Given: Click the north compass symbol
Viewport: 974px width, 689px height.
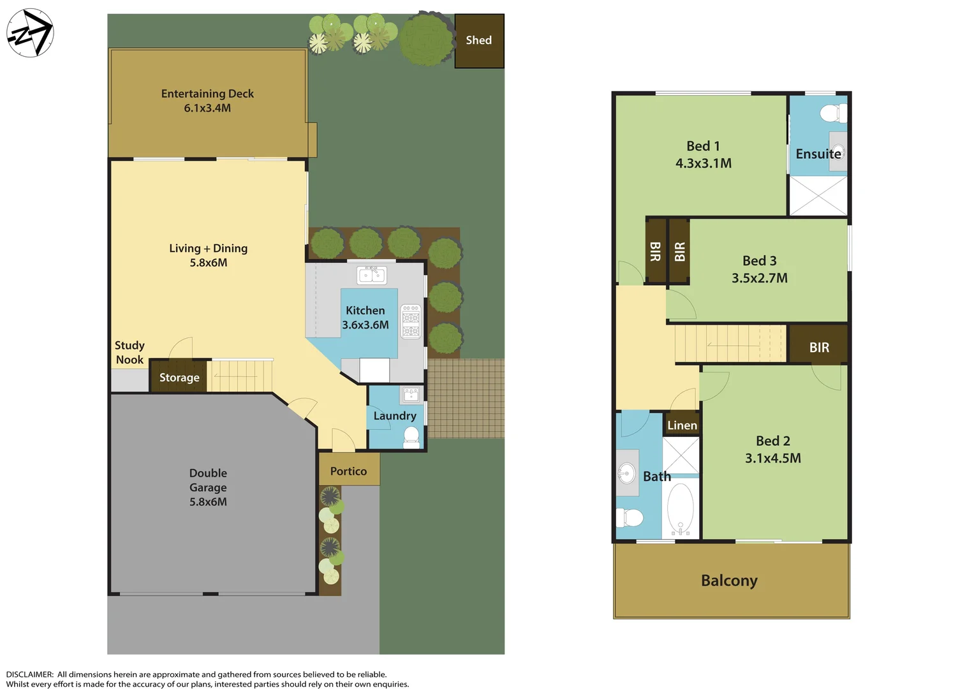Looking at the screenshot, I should pos(30,33).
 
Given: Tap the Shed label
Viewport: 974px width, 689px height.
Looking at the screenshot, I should pos(478,40).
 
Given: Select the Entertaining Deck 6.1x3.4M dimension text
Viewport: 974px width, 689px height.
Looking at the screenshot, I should pos(207,108).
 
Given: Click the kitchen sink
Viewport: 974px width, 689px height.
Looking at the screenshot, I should pos(371,275).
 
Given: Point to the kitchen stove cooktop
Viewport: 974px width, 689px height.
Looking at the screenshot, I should pos(411,322).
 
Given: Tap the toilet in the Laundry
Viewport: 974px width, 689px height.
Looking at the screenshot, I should pos(411,437).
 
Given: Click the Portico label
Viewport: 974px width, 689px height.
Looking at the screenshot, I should pos(348,471).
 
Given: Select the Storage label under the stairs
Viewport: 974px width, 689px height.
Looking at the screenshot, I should pos(179,378).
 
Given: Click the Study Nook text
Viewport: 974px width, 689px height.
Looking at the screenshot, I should pos(129,352).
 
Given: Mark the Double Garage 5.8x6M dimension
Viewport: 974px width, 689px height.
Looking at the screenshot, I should pos(208,501).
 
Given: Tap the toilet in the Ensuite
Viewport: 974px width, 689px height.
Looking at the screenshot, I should pos(832,114).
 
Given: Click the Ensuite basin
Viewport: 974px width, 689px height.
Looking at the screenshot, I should pos(837,152).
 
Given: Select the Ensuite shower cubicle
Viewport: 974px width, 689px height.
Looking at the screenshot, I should pos(818,196).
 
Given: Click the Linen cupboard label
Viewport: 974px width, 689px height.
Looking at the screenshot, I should pos(682,425).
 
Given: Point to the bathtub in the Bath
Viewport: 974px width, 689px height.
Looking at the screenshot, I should pos(681,508).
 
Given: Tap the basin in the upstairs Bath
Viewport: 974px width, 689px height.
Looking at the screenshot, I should pos(626,473).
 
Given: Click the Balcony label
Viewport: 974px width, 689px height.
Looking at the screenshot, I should pos(729,581).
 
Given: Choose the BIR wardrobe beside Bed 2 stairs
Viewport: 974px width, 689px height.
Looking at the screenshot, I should pos(819,347).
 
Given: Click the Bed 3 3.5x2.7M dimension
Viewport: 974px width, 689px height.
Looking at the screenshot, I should pos(759,278).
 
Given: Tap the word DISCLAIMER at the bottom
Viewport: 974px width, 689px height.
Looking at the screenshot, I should pos(30,674).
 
